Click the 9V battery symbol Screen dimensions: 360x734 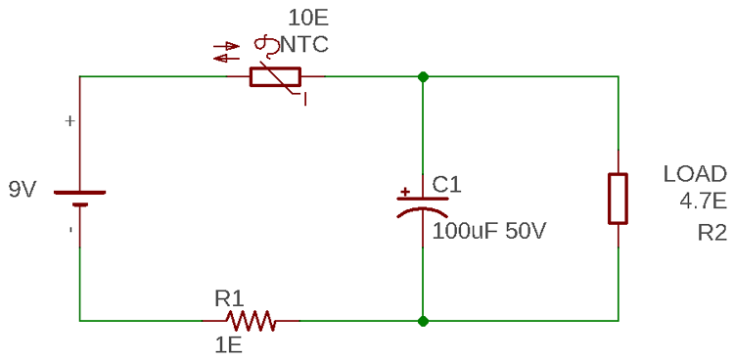[79, 198]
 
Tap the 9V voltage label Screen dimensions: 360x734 [23, 190]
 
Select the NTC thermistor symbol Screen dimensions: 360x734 [275, 76]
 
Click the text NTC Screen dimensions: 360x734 [304, 45]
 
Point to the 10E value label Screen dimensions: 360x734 [309, 18]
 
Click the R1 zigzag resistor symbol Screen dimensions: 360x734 [252, 320]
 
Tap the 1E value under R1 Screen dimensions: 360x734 [228, 344]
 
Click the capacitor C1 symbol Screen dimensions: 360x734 [422, 203]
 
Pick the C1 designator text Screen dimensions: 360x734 [446, 184]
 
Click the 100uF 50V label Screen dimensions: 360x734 [489, 233]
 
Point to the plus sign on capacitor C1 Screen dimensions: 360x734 [405, 193]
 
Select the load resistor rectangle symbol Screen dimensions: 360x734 [618, 199]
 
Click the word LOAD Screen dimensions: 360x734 [695, 175]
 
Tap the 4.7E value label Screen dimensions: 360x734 [703, 202]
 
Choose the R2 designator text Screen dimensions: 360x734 [711, 233]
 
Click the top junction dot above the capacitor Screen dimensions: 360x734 [422, 76]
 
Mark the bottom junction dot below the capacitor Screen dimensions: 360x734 [422, 320]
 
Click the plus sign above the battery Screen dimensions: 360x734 [69, 121]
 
